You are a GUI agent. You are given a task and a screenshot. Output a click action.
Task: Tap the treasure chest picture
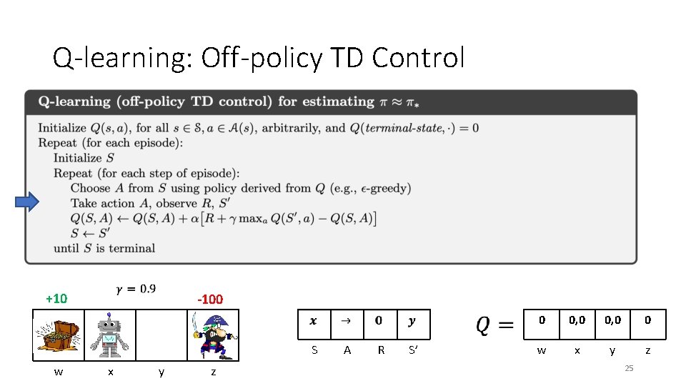pyautogui.click(x=59, y=335)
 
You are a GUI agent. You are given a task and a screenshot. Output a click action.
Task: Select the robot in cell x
pyautogui.click(x=110, y=335)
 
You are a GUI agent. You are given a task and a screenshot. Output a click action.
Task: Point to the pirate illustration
pyautogui.click(x=213, y=335)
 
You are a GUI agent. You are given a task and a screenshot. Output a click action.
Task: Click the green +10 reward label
pyautogui.click(x=56, y=299)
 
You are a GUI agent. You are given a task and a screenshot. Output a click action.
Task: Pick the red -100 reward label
pyautogui.click(x=209, y=299)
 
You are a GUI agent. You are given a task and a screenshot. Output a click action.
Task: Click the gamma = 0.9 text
pyautogui.click(x=136, y=289)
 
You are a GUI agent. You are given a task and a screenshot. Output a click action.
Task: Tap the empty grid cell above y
pyautogui.click(x=161, y=335)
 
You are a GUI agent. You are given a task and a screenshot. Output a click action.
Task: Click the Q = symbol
pyautogui.click(x=494, y=325)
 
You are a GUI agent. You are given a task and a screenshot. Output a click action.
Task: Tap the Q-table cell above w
pyautogui.click(x=542, y=320)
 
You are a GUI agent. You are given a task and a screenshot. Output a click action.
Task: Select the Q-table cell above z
pyautogui.click(x=648, y=320)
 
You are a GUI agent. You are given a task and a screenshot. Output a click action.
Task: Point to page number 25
pyautogui.click(x=629, y=368)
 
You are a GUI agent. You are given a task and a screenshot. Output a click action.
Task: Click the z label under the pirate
pyautogui.click(x=213, y=372)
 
